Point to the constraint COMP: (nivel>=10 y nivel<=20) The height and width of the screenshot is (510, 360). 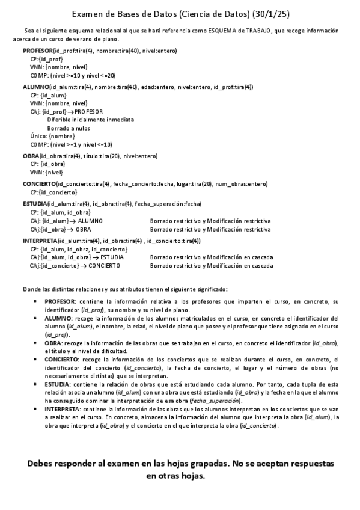click(72, 76)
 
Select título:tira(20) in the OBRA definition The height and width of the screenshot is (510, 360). click(96, 156)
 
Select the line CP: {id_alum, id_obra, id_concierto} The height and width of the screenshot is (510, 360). click(78, 249)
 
